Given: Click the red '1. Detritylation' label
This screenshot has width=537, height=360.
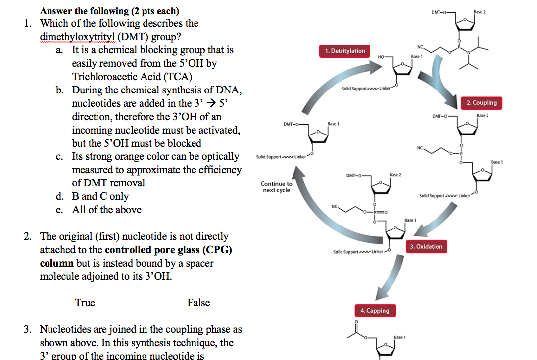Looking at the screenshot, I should coord(345,51).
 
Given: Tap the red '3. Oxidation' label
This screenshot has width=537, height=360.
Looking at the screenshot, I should coord(426,246).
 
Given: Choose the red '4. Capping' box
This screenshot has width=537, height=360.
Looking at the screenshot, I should coord(374,311).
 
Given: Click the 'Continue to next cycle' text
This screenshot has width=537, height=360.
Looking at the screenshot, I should coord(276,187).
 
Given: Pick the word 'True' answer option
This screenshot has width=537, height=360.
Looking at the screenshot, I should coord(85,303).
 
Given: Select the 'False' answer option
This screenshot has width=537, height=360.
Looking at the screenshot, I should coord(198,303).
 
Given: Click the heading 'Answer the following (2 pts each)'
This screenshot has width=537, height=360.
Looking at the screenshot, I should coord(109,11).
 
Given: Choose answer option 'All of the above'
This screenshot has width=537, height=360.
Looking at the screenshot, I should coord(106,210).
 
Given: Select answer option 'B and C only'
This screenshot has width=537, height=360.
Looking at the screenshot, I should coord(100,196).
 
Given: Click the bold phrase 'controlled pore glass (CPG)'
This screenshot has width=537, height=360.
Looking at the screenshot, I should coord(168,250).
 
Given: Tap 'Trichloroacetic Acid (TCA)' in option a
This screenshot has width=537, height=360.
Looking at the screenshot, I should coord(132,77).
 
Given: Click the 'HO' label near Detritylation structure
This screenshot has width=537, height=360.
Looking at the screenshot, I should coord(380,58).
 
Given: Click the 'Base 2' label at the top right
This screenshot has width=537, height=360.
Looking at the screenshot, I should coord(480,11).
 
